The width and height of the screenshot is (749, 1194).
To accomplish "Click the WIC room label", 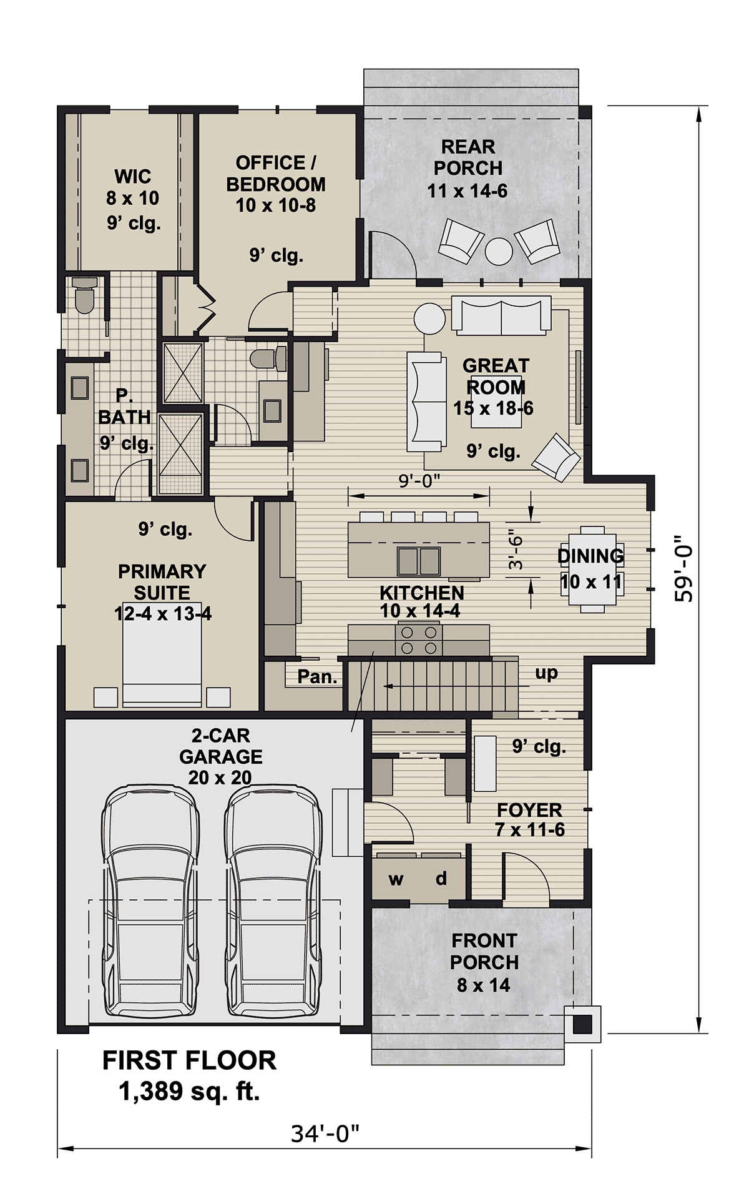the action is coord(133,177).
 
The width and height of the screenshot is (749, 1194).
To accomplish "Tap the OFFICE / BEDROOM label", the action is coord(276,174).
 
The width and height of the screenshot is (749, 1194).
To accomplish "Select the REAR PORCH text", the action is coord(468,157).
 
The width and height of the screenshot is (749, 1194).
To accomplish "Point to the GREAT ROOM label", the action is coord(496,376).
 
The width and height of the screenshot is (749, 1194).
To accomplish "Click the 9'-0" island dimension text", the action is coord(419,481).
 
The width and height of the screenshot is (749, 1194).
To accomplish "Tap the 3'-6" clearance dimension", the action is coord(516,550).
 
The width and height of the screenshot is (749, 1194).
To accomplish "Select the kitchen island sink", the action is coord(419,560).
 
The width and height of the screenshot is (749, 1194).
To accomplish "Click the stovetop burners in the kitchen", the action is coord(419,640).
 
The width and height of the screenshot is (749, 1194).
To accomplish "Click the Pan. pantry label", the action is coord(317,676).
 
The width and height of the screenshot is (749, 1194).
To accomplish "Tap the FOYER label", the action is coord(529,810).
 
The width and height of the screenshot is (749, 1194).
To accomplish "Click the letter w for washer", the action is coord(396,880).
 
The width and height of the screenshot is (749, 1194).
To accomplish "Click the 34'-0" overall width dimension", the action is coord(325,1133).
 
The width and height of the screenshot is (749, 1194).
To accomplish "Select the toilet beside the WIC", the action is coord(84,295).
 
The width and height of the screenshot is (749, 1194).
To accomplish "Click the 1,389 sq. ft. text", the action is coord(189,1092).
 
